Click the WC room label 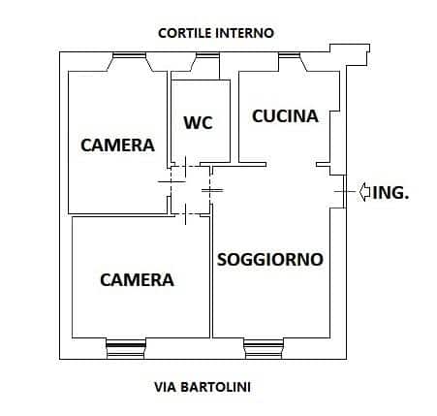click(x=198, y=122)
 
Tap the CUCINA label click(x=285, y=116)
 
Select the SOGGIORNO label click(x=270, y=259)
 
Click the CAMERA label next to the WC click(x=117, y=145)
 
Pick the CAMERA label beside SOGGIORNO click(x=137, y=279)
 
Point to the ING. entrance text click(x=390, y=193)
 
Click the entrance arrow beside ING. click(x=364, y=192)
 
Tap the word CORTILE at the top click(x=184, y=33)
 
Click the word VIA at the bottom click(x=165, y=387)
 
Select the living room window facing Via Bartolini click(x=264, y=348)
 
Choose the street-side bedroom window click(x=126, y=348)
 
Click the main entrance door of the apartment click(x=344, y=191)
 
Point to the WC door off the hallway click(x=185, y=166)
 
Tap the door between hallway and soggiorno click(x=211, y=190)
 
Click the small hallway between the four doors click(x=191, y=190)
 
